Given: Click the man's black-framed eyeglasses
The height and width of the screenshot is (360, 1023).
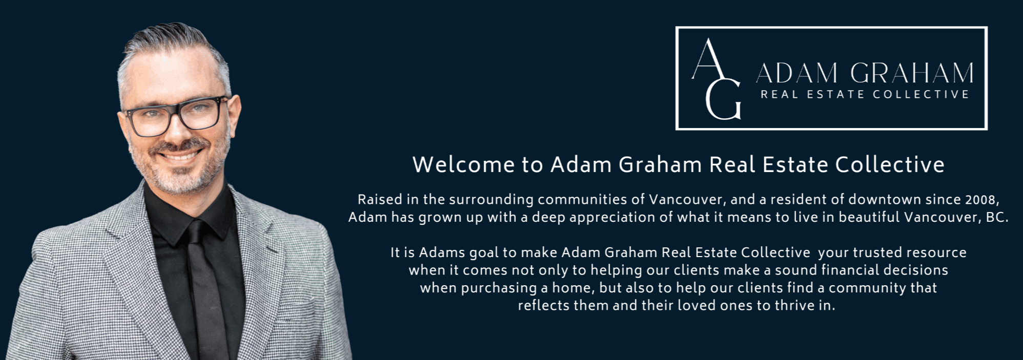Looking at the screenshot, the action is click(174, 116).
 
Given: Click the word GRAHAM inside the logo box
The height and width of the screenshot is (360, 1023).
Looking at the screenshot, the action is click(912, 73).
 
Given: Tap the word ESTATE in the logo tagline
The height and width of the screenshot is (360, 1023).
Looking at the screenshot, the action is click(836, 94).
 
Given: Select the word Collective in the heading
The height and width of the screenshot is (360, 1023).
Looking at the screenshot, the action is click(890, 165).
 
